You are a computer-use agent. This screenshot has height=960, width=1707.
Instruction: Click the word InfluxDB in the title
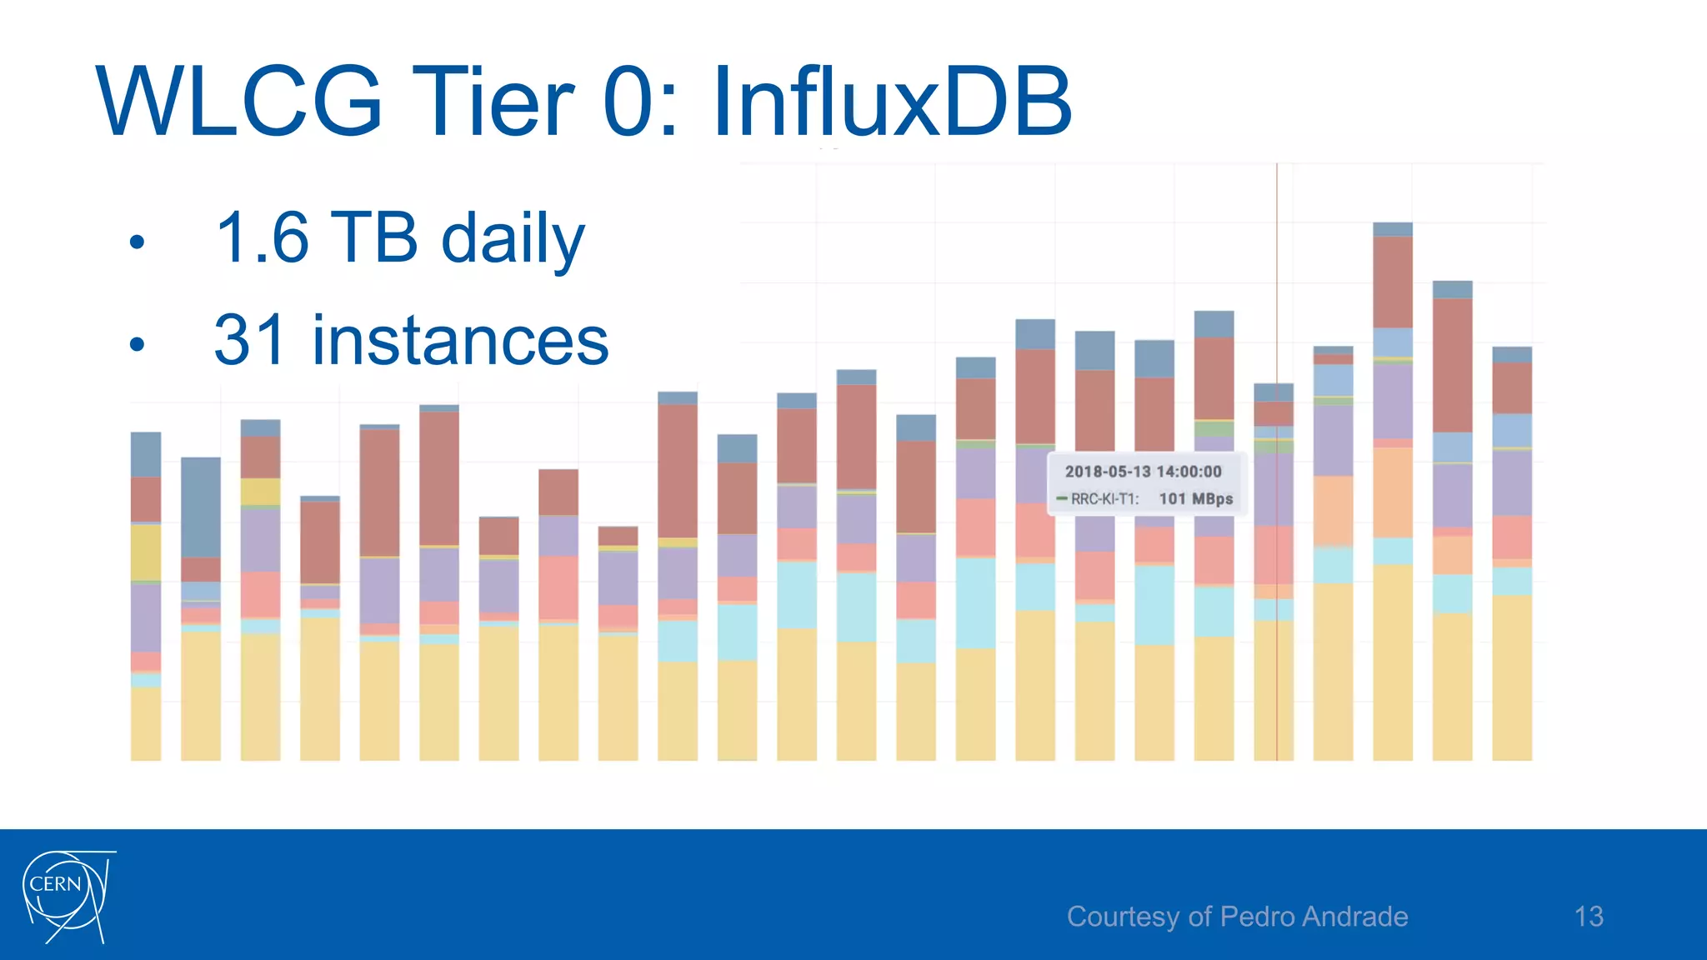[x=892, y=102]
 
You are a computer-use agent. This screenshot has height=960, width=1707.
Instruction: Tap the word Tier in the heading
[x=492, y=102]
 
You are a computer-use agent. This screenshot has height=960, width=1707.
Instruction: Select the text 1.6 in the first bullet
[x=261, y=238]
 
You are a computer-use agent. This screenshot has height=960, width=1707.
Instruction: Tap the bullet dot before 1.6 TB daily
[x=138, y=242]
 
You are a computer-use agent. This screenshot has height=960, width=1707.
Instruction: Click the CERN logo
[x=67, y=897]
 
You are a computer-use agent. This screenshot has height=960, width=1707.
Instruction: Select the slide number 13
[x=1589, y=917]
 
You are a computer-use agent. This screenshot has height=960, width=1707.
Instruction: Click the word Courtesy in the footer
[x=1122, y=917]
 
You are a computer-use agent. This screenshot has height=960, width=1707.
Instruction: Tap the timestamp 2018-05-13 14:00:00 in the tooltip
[x=1143, y=472]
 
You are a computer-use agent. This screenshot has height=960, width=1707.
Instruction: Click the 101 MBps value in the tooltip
[x=1195, y=499]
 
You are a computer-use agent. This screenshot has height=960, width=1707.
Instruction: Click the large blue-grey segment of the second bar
[x=201, y=507]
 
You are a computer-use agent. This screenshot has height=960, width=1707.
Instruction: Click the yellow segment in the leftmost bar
[x=146, y=552]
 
